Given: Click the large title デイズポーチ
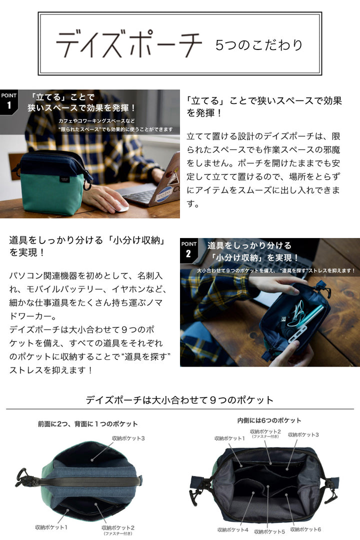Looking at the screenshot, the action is (129, 44).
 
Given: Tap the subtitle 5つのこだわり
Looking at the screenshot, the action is (258, 45).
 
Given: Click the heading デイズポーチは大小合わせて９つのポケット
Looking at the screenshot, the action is (179, 400).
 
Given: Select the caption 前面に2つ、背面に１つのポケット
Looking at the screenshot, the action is (88, 424).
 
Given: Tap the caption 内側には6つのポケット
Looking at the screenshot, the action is (269, 420).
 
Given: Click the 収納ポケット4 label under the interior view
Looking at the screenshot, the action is (232, 529).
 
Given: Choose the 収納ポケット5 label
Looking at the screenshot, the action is (269, 531).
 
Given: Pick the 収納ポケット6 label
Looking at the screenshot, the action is (305, 529).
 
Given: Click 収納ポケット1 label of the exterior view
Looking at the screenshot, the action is (51, 527).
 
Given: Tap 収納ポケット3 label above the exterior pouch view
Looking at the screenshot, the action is (128, 438).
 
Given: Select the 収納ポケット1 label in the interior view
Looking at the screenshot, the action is (229, 438).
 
